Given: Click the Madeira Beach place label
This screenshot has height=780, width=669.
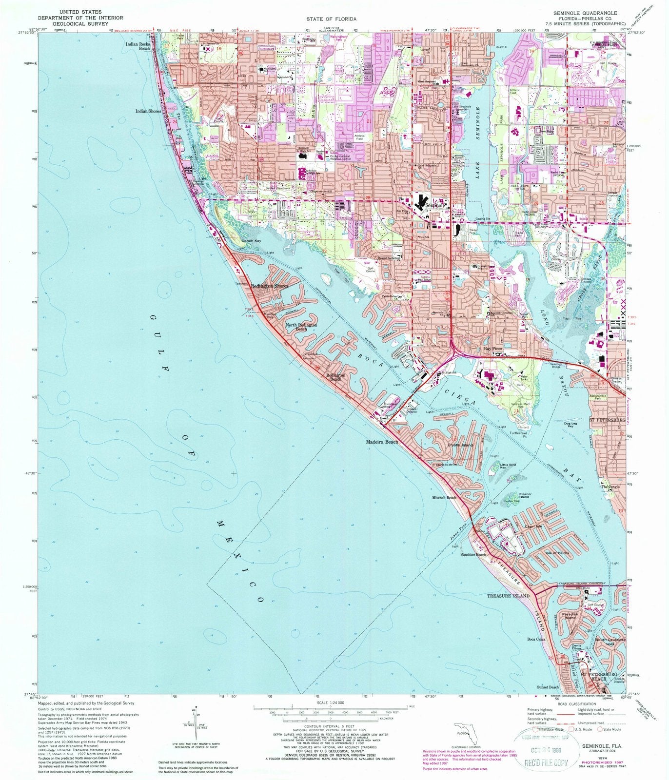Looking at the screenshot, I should (x=382, y=442).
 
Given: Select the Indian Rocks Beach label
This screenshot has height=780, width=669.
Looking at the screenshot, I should (x=138, y=46).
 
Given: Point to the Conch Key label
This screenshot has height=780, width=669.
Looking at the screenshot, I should (x=252, y=241).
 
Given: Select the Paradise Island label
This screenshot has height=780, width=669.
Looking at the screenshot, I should (x=570, y=616).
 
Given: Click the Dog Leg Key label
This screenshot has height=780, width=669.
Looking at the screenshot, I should (x=570, y=425).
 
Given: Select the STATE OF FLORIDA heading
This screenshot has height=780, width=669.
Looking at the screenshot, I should (x=334, y=19).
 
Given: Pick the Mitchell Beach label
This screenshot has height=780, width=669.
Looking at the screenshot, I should (x=444, y=498).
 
